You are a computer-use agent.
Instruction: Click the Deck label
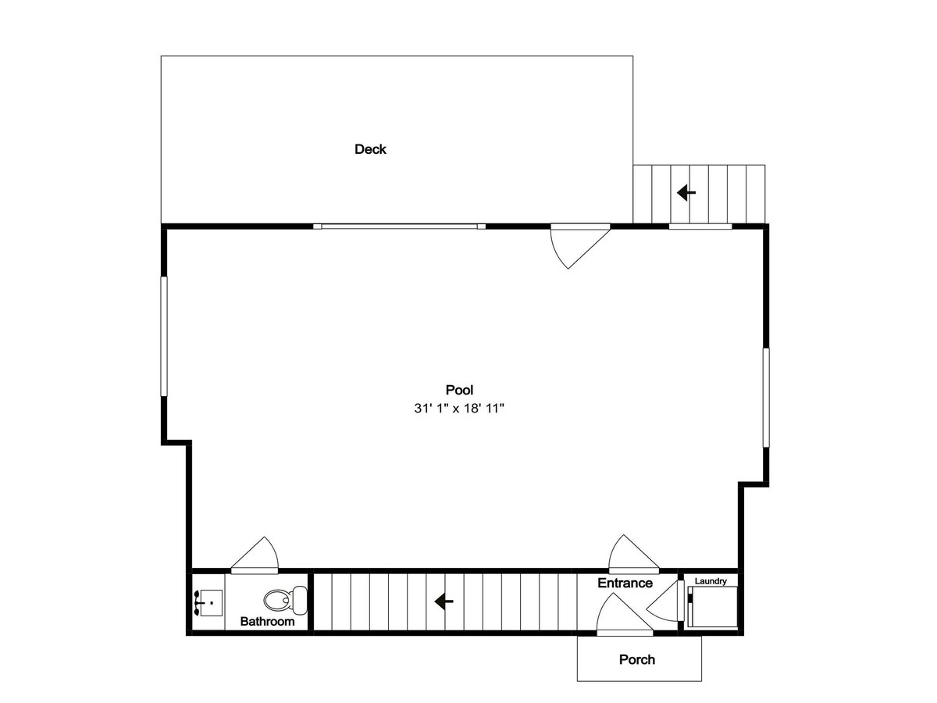[370, 149]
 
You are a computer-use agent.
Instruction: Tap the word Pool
[459, 390]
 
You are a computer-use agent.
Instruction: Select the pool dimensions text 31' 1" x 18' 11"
[459, 409]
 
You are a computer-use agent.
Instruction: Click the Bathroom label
[267, 621]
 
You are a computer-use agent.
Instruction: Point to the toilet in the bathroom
[285, 600]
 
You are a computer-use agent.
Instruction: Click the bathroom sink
[208, 603]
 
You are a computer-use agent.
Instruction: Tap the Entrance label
[625, 583]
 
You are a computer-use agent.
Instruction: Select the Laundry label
[711, 581]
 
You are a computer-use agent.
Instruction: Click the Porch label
[637, 659]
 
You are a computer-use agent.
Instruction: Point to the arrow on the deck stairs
[686, 192]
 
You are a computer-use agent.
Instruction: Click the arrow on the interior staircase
[444, 601]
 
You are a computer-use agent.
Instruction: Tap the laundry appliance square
[713, 607]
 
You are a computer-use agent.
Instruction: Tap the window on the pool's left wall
[164, 337]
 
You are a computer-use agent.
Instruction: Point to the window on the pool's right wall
[766, 398]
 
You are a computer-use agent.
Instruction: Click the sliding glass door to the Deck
[400, 227]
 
